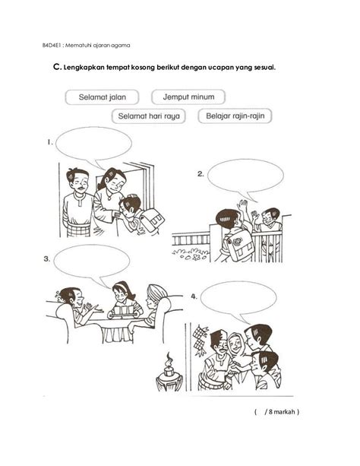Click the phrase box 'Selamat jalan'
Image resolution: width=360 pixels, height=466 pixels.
102,97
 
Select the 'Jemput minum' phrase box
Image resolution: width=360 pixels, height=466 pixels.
188,97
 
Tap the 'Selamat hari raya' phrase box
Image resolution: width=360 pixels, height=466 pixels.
149,116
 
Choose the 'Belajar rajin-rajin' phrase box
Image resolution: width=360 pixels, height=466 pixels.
235,116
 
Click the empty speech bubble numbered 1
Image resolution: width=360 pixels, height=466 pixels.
93,143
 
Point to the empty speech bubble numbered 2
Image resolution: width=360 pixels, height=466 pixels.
245,176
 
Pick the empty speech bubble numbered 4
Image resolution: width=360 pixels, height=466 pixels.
238,299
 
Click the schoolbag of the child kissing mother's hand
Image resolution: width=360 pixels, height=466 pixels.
151,220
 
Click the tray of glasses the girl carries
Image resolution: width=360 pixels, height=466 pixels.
124,312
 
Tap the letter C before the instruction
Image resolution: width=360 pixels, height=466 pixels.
56,67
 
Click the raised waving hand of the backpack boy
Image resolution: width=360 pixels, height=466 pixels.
243,206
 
